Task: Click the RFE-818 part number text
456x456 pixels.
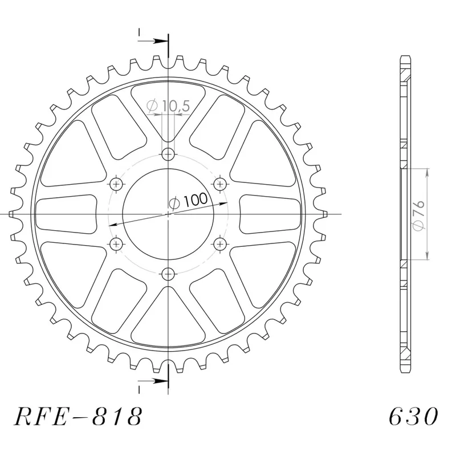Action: pos(78,417)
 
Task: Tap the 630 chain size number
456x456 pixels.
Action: pos(414,417)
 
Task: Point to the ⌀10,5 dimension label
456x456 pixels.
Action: pos(168,106)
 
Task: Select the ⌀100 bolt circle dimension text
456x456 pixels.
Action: pos(189,201)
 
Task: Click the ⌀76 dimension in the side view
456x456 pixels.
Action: pos(419,216)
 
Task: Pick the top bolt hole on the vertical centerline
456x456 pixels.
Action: pos(168,154)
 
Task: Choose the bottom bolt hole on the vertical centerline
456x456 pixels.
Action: pos(168,274)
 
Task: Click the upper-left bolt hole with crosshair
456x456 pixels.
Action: pos(117,184)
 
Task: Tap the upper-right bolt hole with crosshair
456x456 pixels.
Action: pos(220,184)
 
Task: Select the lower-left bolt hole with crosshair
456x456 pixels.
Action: pos(117,243)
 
